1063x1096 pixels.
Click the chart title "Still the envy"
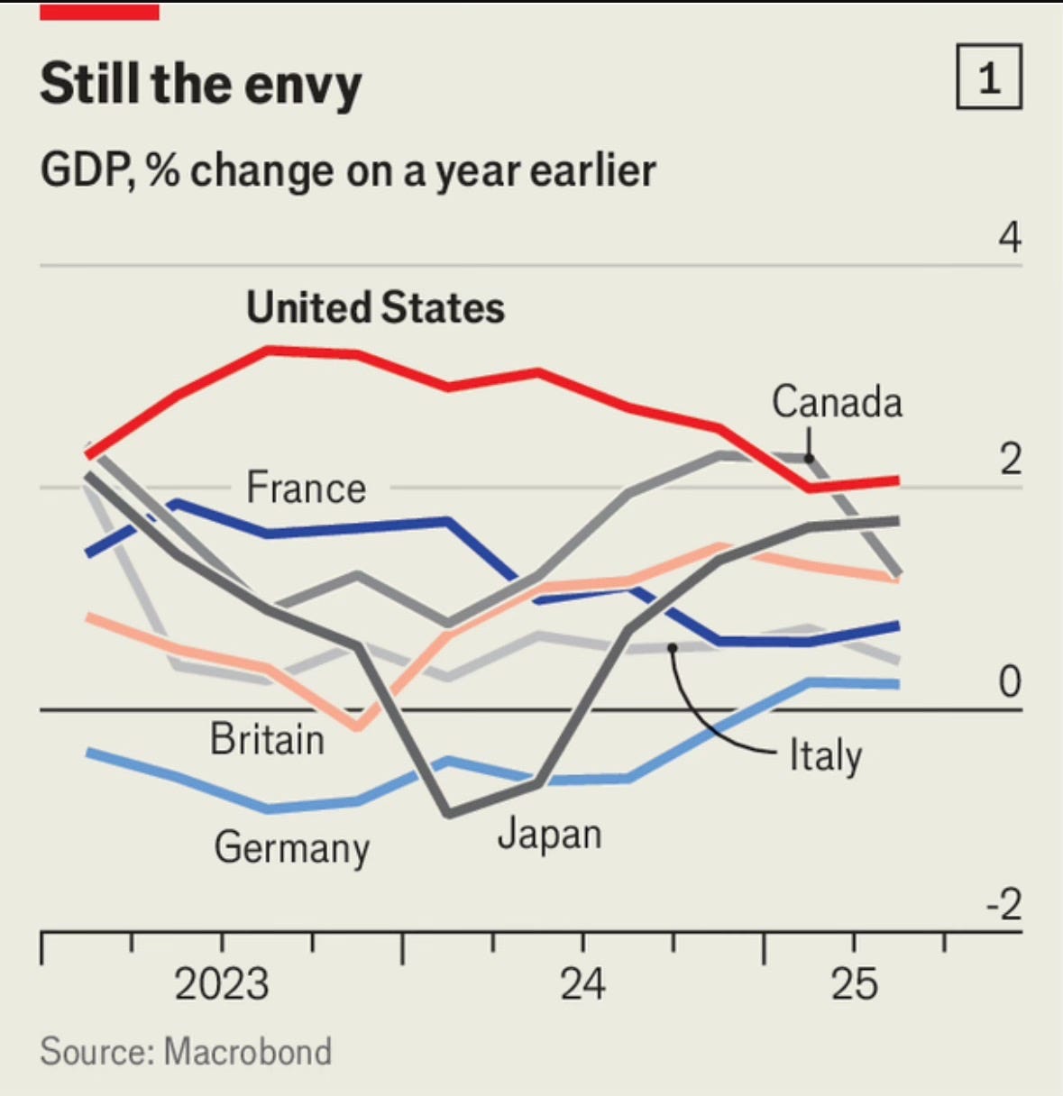(x=200, y=85)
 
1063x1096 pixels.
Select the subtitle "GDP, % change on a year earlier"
(x=348, y=170)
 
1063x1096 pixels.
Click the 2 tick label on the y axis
(x=1010, y=459)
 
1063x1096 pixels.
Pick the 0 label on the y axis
(x=1010, y=682)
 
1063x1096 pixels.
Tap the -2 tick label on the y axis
(x=1003, y=904)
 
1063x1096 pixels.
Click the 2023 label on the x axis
(x=222, y=983)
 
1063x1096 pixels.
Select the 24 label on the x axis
(x=582, y=983)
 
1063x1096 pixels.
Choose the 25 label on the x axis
(x=854, y=983)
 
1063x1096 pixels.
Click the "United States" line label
(x=375, y=307)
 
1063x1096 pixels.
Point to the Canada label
(x=837, y=402)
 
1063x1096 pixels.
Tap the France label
(x=307, y=488)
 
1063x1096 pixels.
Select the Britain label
(x=267, y=739)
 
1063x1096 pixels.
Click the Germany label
(x=292, y=848)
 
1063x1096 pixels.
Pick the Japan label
(x=549, y=835)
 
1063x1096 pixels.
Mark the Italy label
(x=825, y=755)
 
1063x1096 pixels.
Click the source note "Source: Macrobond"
(x=186, y=1051)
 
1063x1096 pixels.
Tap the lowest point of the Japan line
(x=449, y=815)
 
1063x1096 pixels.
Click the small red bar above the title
(x=99, y=11)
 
